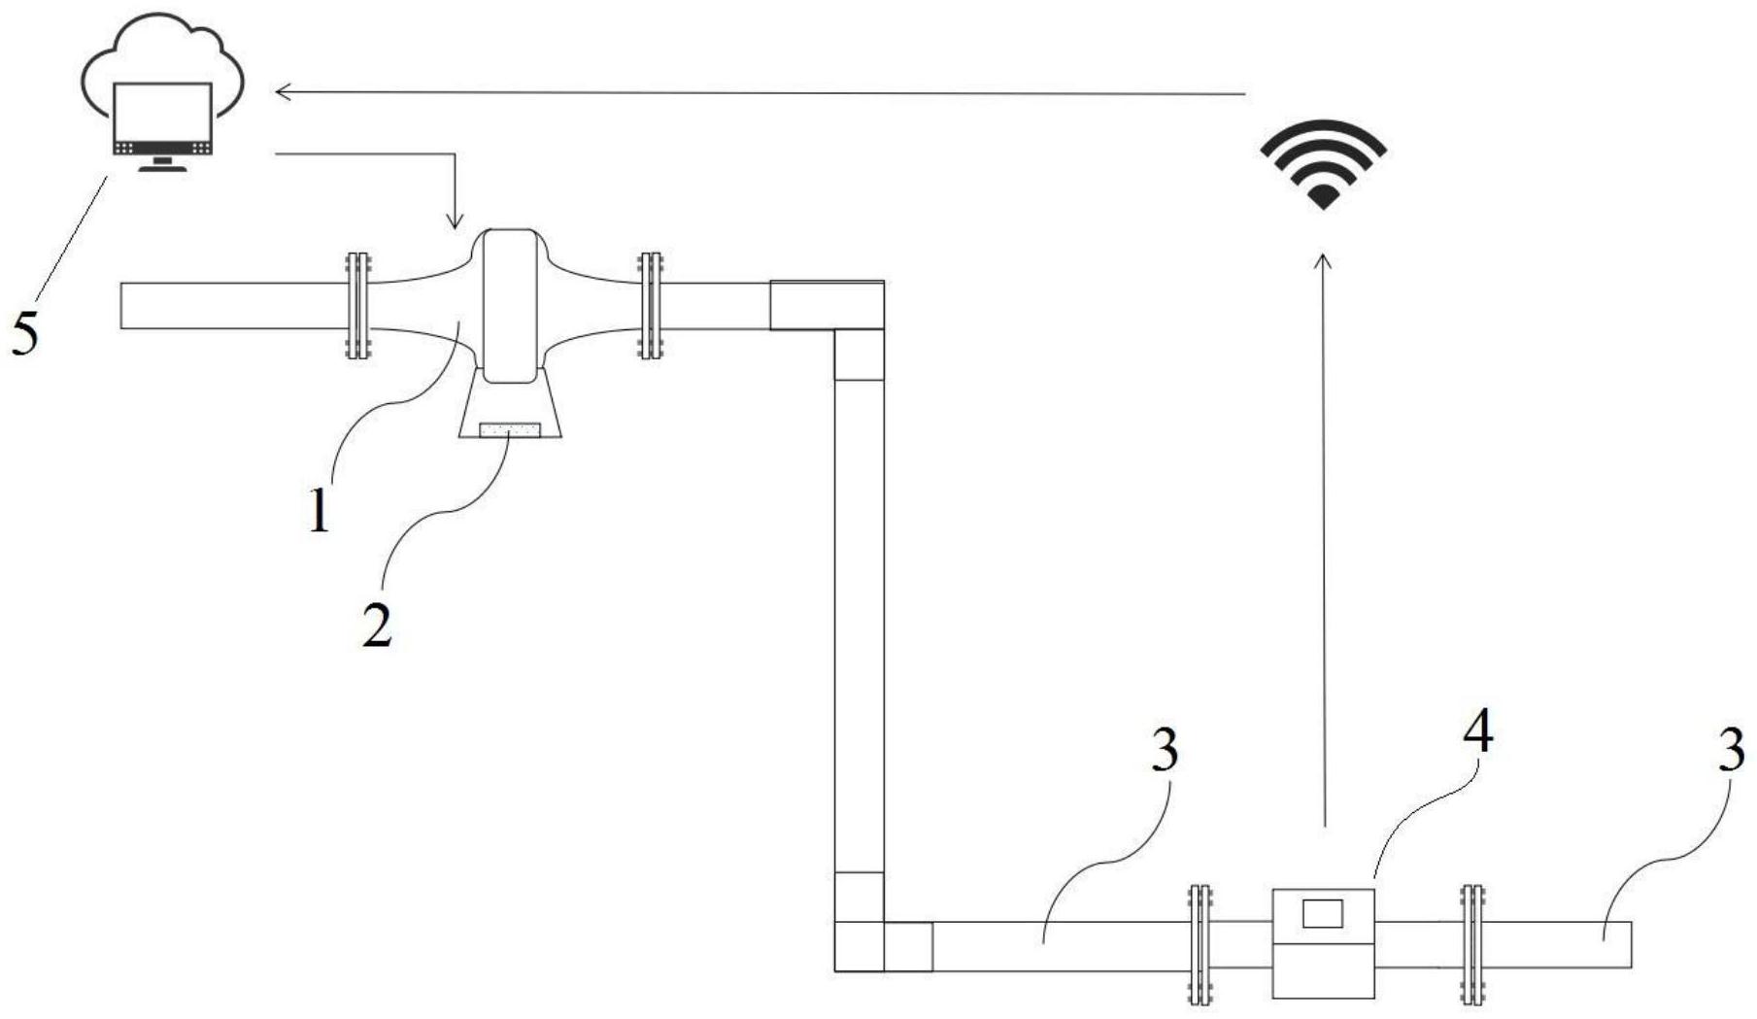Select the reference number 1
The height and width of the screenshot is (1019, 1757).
(x=320, y=511)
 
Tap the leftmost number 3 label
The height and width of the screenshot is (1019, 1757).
(x=1165, y=751)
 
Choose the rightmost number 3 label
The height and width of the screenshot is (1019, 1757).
(x=1731, y=751)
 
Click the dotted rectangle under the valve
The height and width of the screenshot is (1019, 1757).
(x=510, y=429)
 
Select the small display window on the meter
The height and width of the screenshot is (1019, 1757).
(x=1322, y=914)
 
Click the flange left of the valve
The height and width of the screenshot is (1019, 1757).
(x=358, y=306)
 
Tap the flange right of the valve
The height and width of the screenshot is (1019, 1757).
(x=650, y=306)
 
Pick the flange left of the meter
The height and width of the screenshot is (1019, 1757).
(x=1200, y=944)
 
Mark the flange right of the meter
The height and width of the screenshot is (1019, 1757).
(x=1472, y=944)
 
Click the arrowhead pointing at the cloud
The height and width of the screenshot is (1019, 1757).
(x=283, y=92)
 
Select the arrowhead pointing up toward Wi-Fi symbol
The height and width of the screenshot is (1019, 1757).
(x=1323, y=260)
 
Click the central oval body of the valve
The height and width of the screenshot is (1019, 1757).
(x=509, y=306)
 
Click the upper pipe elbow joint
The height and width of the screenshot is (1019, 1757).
(x=828, y=305)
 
